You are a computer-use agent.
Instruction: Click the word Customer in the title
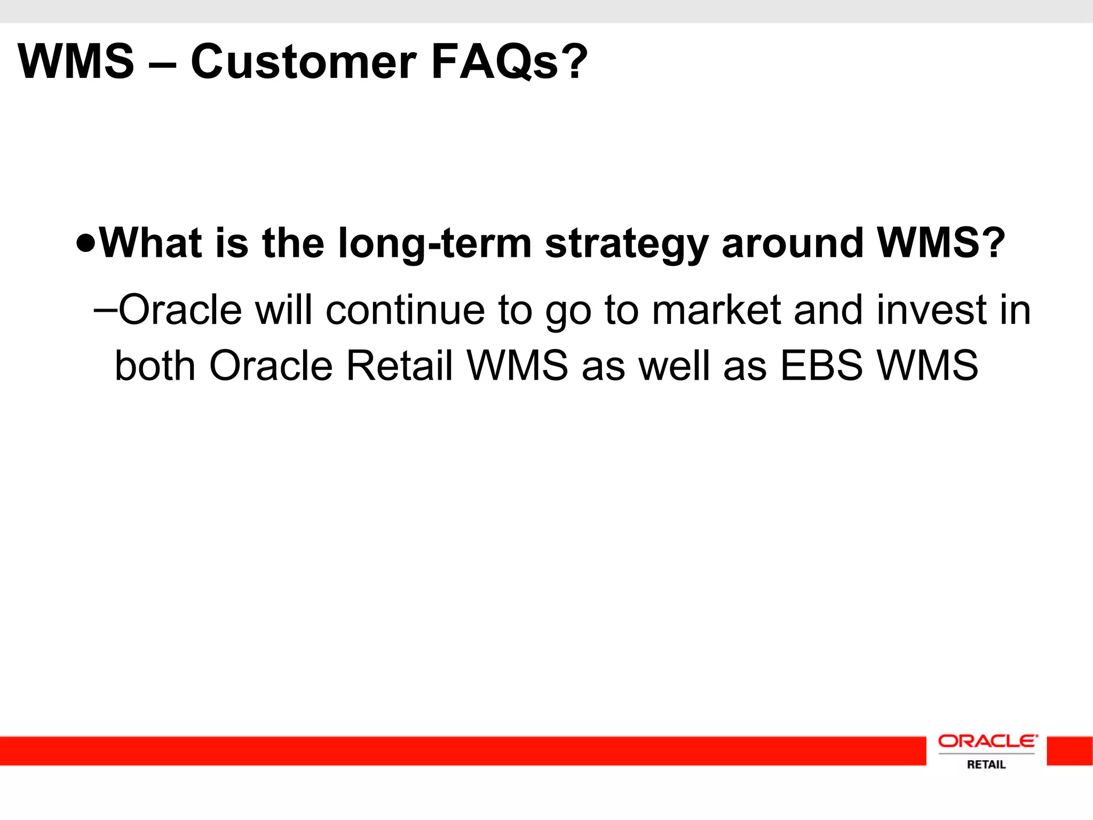tap(303, 62)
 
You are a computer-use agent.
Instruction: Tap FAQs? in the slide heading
tap(509, 62)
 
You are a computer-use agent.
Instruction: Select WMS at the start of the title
tap(76, 62)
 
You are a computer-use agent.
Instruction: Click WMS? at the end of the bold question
tap(941, 243)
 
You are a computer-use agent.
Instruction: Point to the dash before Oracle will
tap(105, 310)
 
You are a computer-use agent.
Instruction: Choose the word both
tap(155, 366)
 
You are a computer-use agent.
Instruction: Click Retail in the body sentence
tap(399, 366)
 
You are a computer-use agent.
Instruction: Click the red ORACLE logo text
tap(987, 742)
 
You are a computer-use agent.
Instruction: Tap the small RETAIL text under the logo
tap(986, 764)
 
